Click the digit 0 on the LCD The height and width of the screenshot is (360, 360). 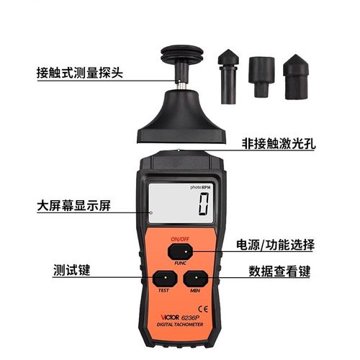pyautogui.click(x=204, y=207)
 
